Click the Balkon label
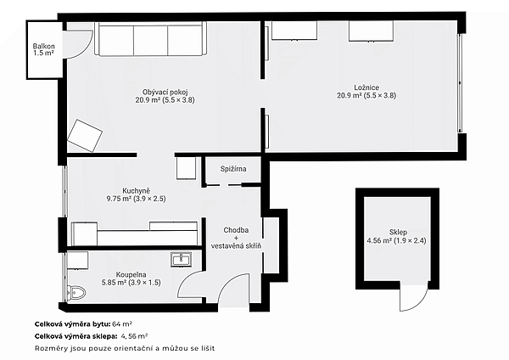tap(43, 46)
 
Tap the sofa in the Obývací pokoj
tap(150, 39)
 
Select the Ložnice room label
tap(366, 87)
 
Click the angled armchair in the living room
tap(84, 136)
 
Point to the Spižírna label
tap(233, 169)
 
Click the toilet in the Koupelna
tap(76, 293)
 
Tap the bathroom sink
tap(181, 260)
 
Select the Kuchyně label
tap(136, 191)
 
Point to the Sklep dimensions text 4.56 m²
tap(379, 241)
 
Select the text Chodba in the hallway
tap(236, 230)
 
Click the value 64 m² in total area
tap(122, 324)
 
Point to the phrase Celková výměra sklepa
tap(76, 336)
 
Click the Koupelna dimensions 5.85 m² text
tap(114, 283)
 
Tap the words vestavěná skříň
tap(236, 246)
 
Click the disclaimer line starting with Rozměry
tap(125, 349)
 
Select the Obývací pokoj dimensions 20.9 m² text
tap(148, 100)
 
